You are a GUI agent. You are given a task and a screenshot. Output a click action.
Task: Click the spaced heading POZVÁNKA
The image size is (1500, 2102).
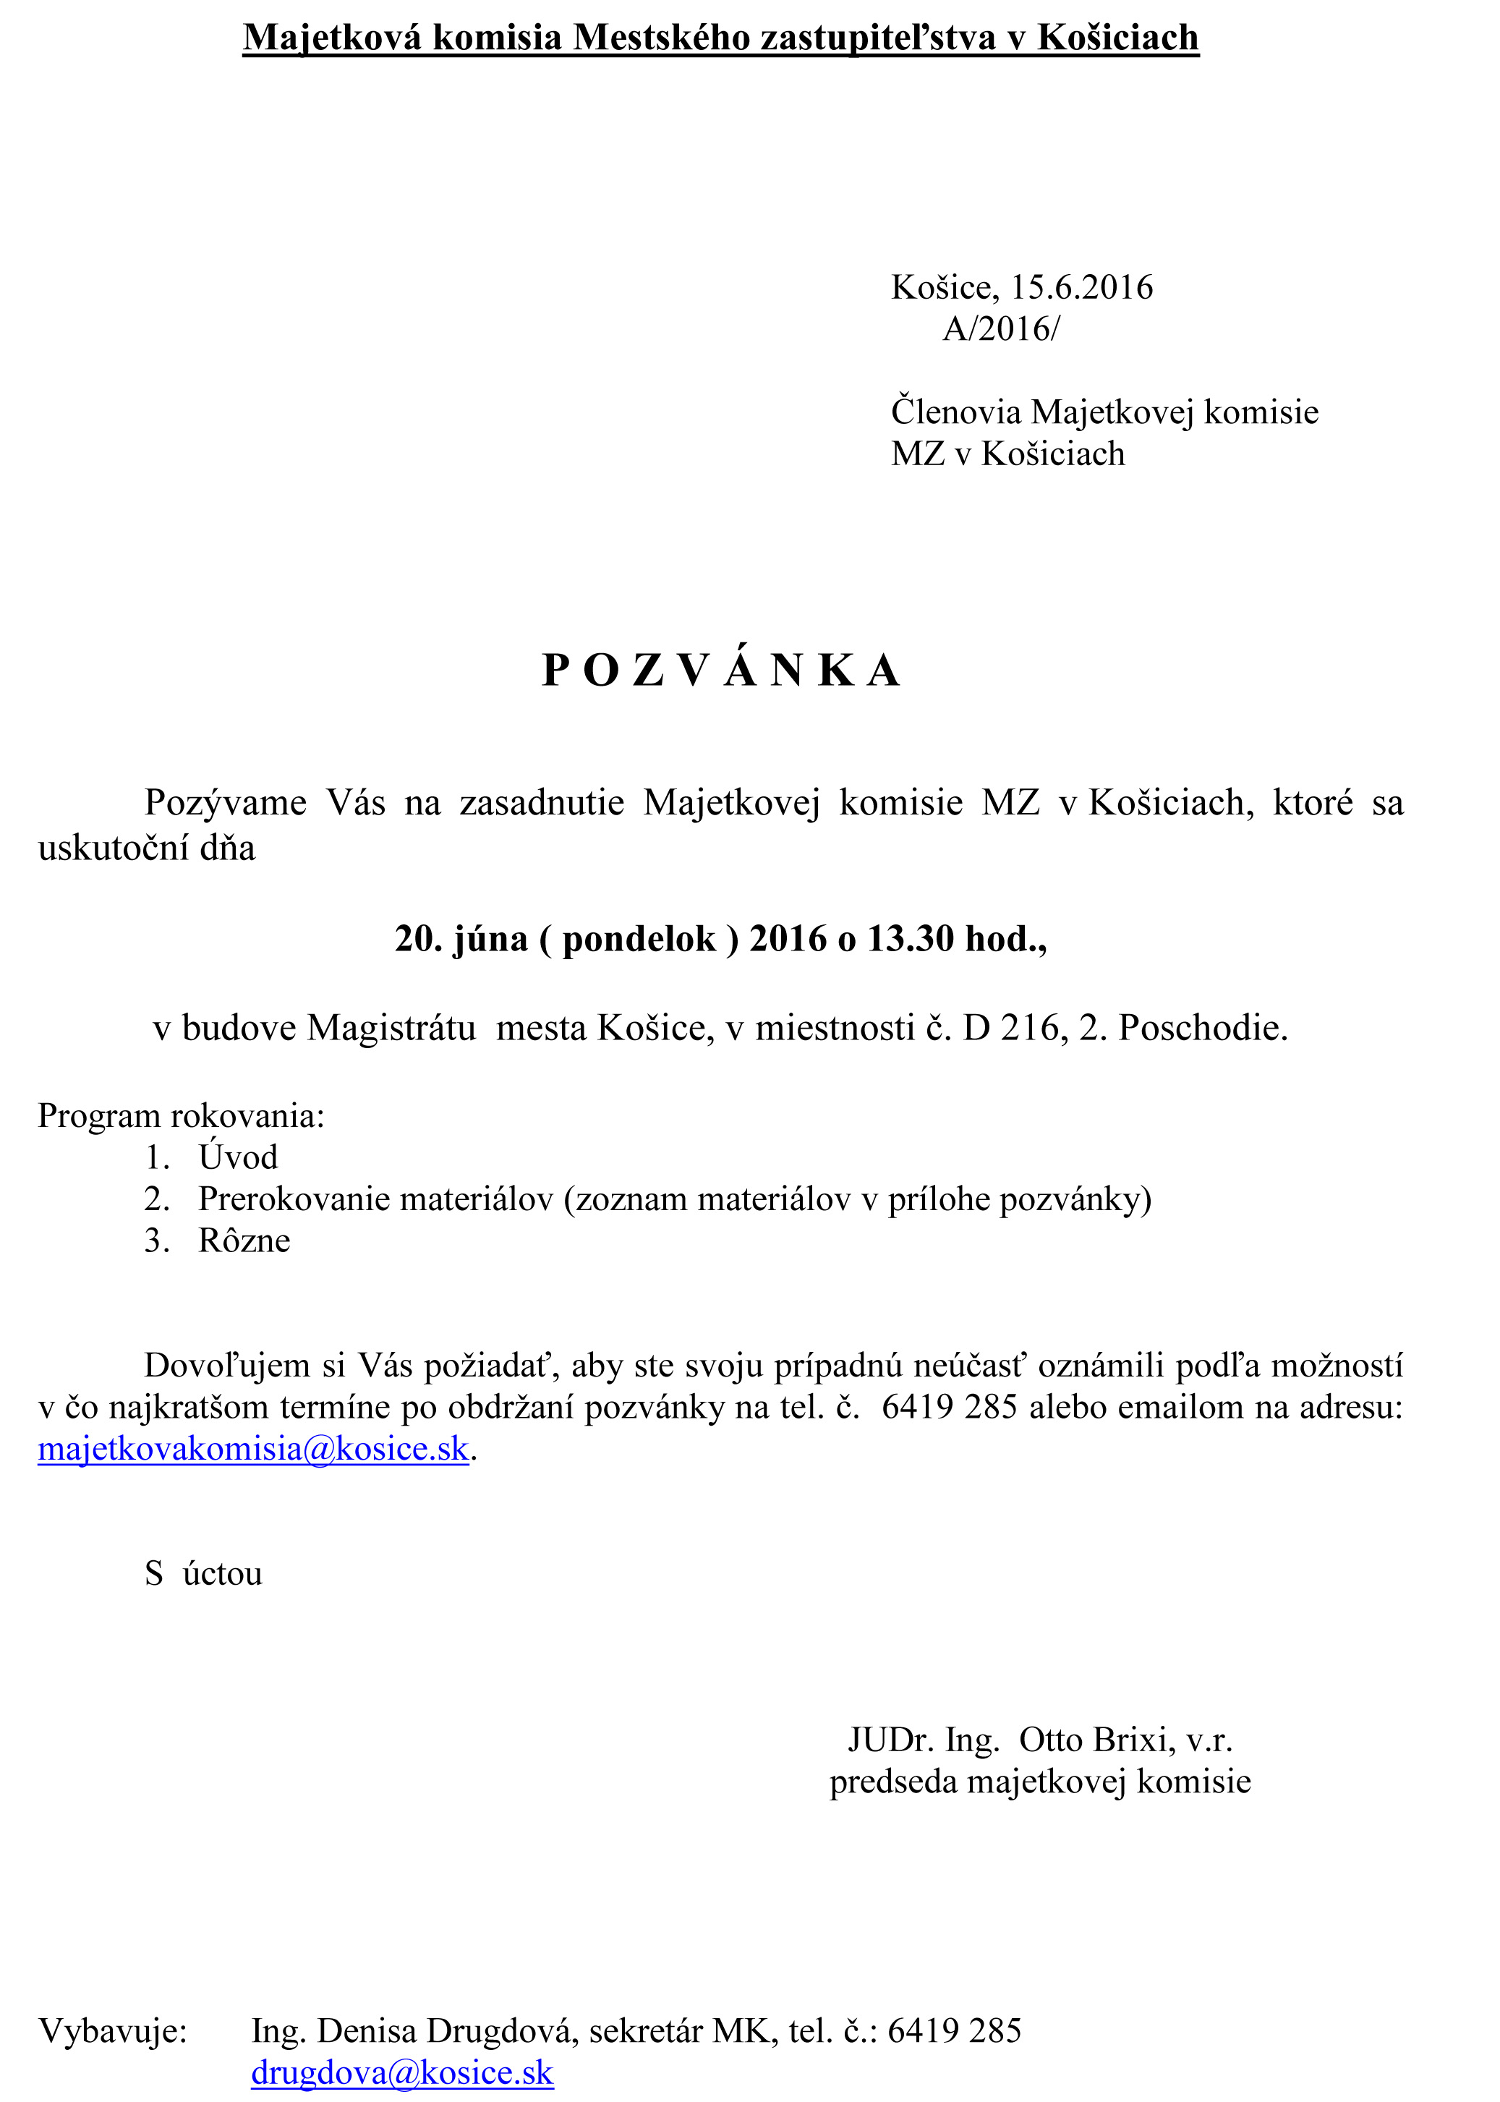pos(720,671)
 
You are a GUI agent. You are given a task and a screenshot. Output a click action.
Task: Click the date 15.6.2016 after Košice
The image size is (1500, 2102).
pos(1081,287)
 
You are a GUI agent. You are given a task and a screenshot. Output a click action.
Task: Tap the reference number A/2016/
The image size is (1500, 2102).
pos(1001,329)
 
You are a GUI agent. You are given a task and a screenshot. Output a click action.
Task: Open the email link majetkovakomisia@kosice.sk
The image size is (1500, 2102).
pos(253,1448)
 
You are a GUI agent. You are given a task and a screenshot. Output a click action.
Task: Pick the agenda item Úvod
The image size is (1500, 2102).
pos(237,1157)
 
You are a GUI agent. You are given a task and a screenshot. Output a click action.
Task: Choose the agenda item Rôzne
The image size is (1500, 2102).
pos(244,1241)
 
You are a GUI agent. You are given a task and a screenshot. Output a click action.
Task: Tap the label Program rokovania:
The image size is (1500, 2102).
pos(181,1115)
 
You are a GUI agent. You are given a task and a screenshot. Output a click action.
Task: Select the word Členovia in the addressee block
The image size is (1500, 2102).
pos(956,412)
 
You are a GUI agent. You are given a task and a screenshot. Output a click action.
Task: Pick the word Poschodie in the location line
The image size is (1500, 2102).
pos(1203,1028)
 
